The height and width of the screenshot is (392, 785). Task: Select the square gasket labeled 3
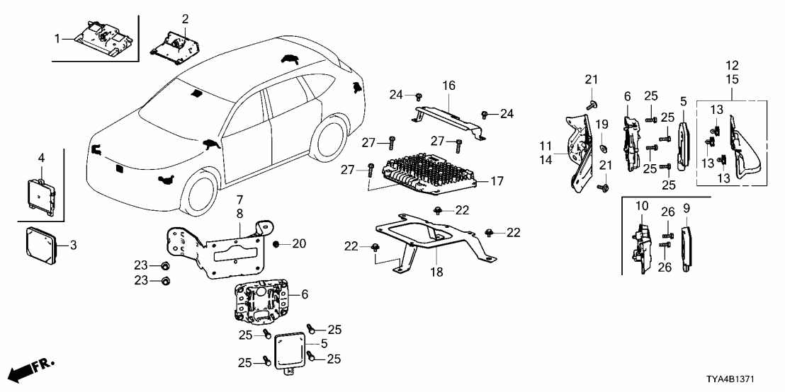click(44, 245)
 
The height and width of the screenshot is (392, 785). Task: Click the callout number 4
click(42, 156)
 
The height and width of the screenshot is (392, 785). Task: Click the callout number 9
click(686, 209)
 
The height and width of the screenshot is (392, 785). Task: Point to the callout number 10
click(641, 206)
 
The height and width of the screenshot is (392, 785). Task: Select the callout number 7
click(239, 200)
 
